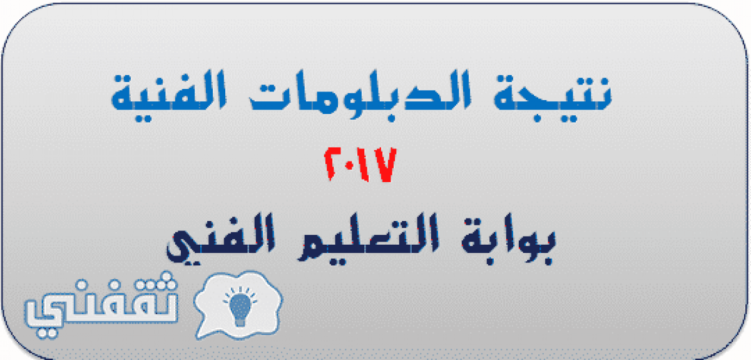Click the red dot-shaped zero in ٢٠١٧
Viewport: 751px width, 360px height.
[x=350, y=165]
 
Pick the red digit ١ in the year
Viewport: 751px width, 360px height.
[x=364, y=165]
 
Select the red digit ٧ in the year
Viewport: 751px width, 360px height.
[x=384, y=165]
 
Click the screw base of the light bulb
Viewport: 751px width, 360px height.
[x=240, y=322]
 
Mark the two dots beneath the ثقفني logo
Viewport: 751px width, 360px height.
[x=47, y=333]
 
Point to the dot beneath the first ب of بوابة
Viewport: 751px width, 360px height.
[x=548, y=260]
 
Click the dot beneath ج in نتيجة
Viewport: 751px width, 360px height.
[x=537, y=118]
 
